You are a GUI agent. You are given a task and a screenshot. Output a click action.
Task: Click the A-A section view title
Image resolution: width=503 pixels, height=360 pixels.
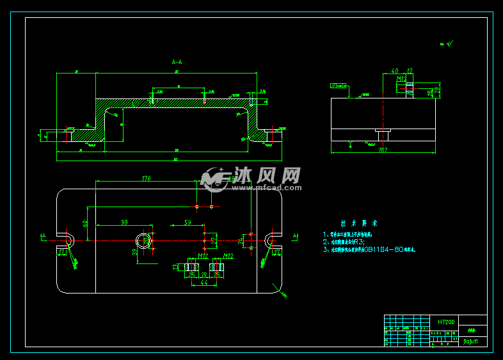[x=177, y=62]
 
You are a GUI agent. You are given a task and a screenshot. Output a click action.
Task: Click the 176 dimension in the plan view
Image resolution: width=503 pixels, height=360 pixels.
[x=146, y=178]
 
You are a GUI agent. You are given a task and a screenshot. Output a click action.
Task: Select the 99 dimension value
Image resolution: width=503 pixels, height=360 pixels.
[x=124, y=223]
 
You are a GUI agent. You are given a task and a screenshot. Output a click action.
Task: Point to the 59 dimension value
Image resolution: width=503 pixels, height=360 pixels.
[x=188, y=223]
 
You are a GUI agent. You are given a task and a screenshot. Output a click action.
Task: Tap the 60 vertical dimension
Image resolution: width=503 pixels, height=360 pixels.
[x=85, y=223]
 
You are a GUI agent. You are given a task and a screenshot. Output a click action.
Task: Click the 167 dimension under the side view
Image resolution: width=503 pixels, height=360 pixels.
[x=383, y=150]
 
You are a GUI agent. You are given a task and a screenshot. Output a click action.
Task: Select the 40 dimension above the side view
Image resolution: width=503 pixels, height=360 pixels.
[x=394, y=71]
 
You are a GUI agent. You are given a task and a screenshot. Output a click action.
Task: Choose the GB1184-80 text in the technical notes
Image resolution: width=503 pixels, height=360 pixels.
[x=382, y=249]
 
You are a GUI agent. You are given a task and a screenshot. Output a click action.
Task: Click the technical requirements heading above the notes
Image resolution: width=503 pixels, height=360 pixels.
[x=359, y=224]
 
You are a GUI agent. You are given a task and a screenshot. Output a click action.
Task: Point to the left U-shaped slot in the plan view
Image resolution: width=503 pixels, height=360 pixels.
[x=66, y=241]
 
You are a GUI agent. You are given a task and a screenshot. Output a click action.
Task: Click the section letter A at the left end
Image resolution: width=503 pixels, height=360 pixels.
[x=43, y=236]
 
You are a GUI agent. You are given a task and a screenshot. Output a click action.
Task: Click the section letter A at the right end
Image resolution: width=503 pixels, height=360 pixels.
[x=295, y=236]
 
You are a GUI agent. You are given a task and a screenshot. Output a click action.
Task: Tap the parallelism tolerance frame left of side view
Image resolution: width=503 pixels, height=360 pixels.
[x=336, y=85]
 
